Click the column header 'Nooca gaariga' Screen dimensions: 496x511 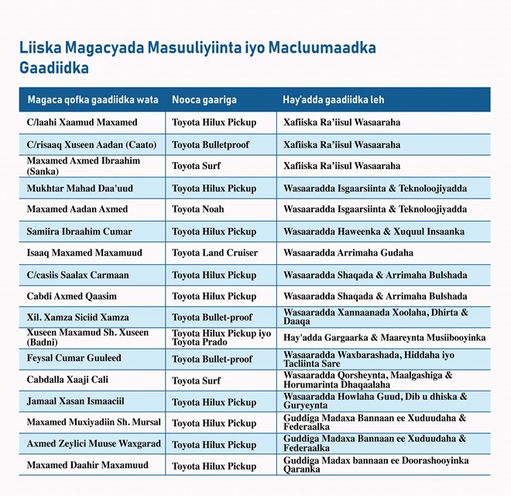click(x=204, y=100)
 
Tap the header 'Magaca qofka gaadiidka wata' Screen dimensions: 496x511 click(x=93, y=100)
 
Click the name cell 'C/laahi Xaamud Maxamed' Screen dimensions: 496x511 click(x=82, y=122)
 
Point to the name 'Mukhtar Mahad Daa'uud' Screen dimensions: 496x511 click(x=80, y=188)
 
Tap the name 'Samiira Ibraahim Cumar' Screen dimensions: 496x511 click(x=80, y=232)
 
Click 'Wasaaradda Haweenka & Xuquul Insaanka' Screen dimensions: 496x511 click(x=374, y=232)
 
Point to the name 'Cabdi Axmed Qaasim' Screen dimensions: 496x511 click(x=72, y=296)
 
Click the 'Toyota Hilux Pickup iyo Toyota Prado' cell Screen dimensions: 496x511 click(x=221, y=338)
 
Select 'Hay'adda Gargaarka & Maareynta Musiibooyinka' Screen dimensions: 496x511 click(x=384, y=338)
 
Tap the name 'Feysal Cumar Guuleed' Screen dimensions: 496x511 click(x=74, y=359)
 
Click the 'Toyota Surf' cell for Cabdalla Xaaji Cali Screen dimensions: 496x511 click(x=196, y=381)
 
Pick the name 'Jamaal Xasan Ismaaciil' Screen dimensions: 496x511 click(x=76, y=402)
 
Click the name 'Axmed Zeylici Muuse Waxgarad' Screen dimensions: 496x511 click(x=93, y=445)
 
